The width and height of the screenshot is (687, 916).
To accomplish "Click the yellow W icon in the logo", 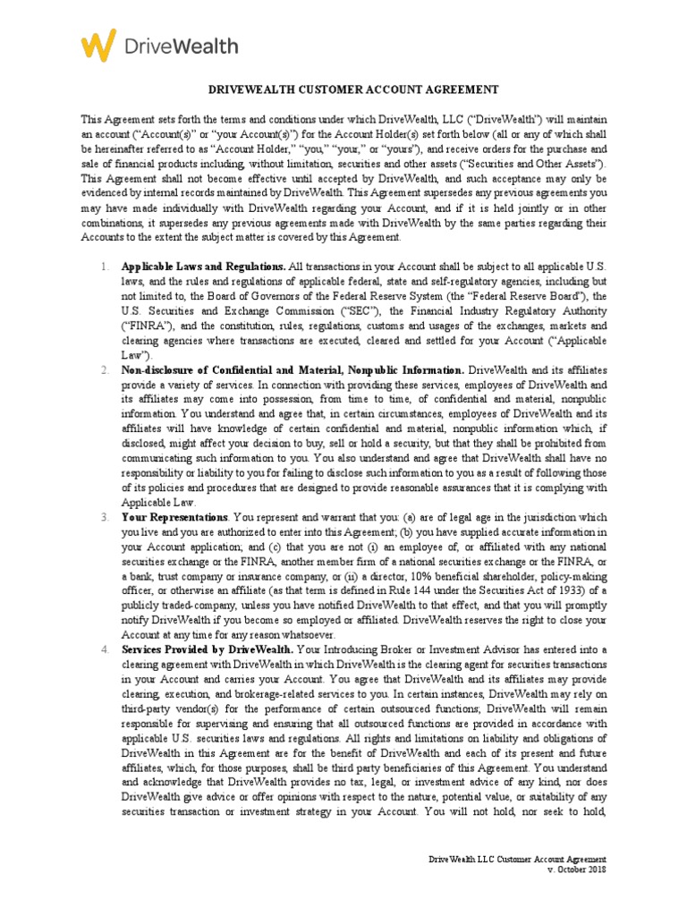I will [x=98, y=45].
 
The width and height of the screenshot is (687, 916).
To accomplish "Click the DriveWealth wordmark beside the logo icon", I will [x=182, y=46].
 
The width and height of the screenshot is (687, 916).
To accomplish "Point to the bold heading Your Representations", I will [x=174, y=517].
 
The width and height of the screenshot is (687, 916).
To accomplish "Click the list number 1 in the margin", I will [x=104, y=267].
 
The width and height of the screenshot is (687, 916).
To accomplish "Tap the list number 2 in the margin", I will [x=104, y=370].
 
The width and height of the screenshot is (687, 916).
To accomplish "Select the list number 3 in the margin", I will [x=104, y=517].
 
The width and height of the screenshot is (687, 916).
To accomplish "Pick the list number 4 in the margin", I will [x=104, y=648].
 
